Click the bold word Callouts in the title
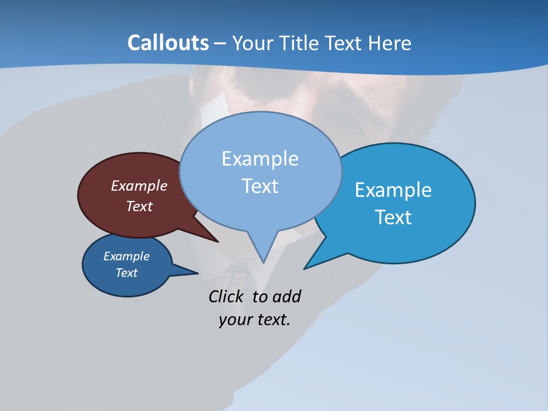[x=168, y=43]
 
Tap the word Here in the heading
[x=389, y=43]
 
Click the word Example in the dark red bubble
[x=139, y=186]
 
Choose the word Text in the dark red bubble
[x=139, y=206]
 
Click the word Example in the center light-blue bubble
[x=260, y=159]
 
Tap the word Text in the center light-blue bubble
[x=260, y=186]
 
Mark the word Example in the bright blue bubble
[x=393, y=190]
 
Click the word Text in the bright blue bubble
[x=393, y=217]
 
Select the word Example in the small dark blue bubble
[x=126, y=256]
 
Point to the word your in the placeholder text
[x=235, y=320]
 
